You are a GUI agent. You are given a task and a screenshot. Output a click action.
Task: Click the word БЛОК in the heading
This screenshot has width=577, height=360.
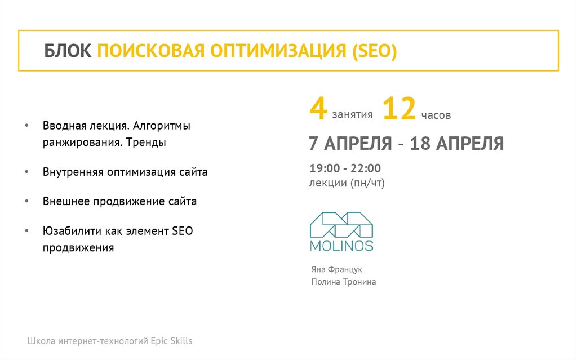click(68, 51)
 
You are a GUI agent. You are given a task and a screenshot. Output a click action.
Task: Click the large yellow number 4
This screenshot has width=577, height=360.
click(318, 109)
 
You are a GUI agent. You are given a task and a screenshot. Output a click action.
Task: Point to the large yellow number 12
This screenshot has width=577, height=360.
click(399, 109)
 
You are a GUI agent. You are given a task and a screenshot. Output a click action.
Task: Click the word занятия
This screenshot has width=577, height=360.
click(352, 115)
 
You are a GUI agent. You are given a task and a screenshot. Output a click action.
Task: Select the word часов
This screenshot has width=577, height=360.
click(436, 115)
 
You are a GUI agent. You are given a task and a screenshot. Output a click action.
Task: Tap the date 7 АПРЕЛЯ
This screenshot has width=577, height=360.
click(350, 143)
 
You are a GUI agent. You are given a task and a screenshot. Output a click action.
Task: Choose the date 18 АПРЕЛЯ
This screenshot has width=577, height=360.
click(457, 143)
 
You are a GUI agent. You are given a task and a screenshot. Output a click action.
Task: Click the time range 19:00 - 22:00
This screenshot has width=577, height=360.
click(345, 168)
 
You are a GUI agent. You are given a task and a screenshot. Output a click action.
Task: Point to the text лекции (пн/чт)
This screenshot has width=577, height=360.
click(347, 183)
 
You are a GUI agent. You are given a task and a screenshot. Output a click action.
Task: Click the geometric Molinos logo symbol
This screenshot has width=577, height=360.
click(341, 224)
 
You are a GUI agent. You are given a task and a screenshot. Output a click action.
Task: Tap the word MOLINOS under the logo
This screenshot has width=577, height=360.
click(341, 246)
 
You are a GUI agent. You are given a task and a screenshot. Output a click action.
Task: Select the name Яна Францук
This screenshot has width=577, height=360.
click(336, 269)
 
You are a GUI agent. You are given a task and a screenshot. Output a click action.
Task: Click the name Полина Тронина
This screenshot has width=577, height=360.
click(343, 282)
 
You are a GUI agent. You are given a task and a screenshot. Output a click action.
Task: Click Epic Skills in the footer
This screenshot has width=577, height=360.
click(171, 341)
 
